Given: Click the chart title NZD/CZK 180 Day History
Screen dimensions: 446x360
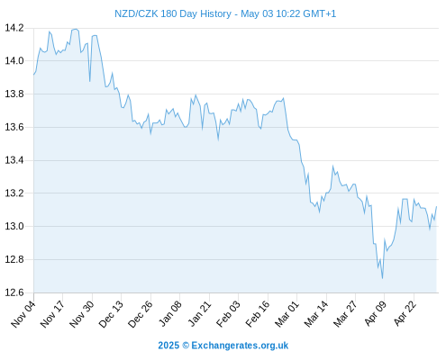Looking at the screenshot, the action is pyautogui.click(x=173, y=13).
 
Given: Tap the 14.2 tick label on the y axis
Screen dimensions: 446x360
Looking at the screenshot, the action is pyautogui.click(x=14, y=28).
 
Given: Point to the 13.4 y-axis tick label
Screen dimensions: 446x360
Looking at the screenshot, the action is pyautogui.click(x=14, y=160).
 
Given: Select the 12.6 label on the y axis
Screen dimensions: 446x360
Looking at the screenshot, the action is pyautogui.click(x=14, y=292).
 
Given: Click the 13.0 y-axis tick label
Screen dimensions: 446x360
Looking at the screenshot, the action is pyautogui.click(x=14, y=226).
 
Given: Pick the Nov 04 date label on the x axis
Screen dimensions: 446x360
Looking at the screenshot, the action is pyautogui.click(x=23, y=314).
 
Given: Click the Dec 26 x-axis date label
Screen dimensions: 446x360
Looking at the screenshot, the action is pyautogui.click(x=141, y=314).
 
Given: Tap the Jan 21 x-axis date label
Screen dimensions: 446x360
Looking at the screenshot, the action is pyautogui.click(x=199, y=314).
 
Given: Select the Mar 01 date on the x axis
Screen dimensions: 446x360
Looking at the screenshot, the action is pyautogui.click(x=287, y=314).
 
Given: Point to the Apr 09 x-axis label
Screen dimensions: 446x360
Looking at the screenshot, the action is pyautogui.click(x=375, y=314).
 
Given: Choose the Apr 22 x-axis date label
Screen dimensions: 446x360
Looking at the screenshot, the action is pyautogui.click(x=405, y=314).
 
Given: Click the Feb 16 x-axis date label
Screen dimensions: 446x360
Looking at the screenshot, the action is pyautogui.click(x=258, y=314).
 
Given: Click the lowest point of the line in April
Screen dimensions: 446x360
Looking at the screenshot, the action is pyautogui.click(x=382, y=278).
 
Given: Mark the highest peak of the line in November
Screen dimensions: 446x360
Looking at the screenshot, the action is pyautogui.click(x=76, y=29).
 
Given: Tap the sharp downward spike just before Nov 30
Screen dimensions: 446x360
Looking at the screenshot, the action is pyautogui.click(x=89, y=81).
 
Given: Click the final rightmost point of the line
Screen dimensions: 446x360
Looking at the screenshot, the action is pyautogui.click(x=436, y=206).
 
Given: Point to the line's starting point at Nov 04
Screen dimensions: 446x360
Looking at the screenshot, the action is pyautogui.click(x=34, y=75).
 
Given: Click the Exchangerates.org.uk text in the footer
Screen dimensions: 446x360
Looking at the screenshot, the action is pyautogui.click(x=240, y=346).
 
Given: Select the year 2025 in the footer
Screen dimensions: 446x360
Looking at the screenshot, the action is pyautogui.click(x=168, y=346).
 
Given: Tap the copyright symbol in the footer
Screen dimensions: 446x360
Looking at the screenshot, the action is pyautogui.click(x=186, y=346).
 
